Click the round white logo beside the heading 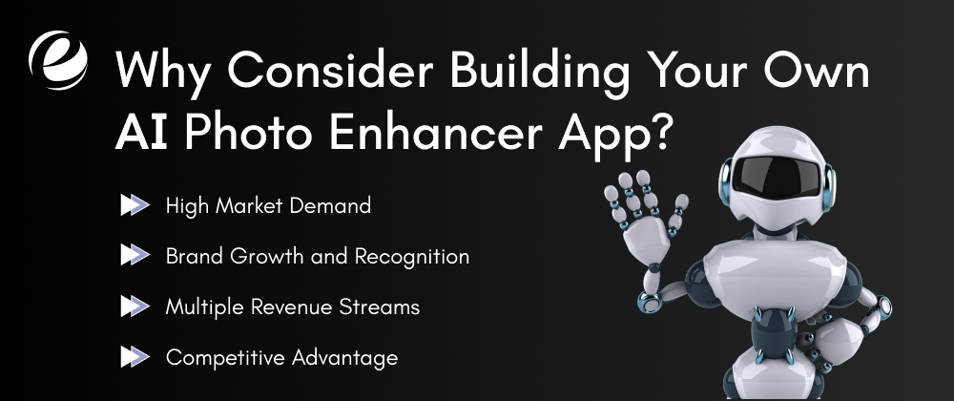click(x=58, y=58)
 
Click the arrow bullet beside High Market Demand click(x=135, y=205)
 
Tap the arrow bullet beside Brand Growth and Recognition click(x=135, y=256)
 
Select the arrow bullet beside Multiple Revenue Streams click(x=135, y=307)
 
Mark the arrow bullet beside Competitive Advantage click(x=135, y=358)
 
